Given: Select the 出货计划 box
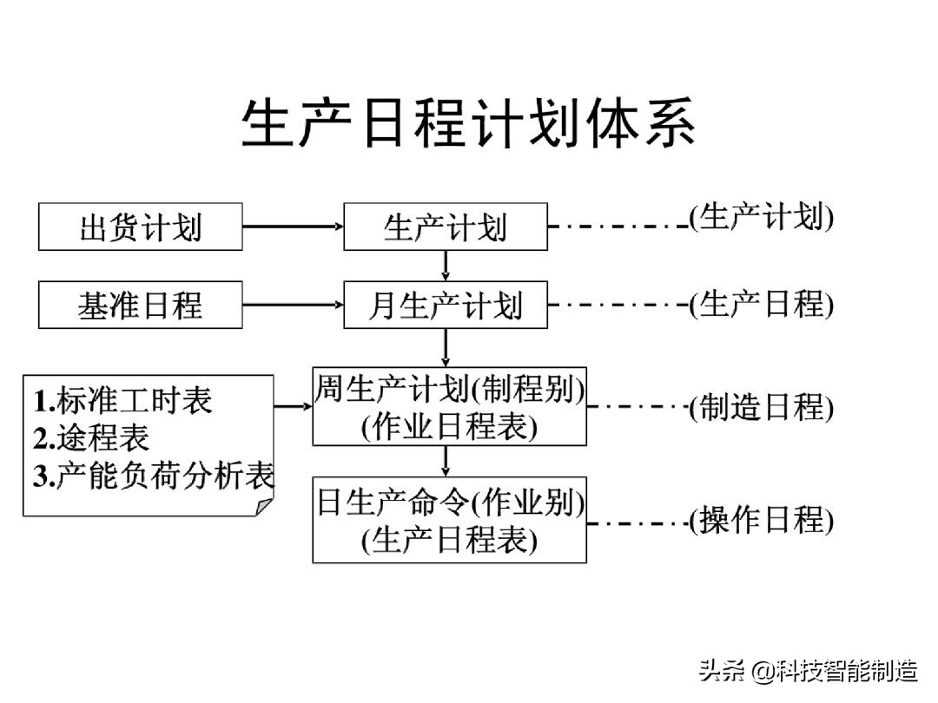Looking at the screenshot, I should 141,227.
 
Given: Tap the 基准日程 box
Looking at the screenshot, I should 141,305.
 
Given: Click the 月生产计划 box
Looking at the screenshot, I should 446,305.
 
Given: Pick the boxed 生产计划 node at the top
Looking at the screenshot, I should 446,227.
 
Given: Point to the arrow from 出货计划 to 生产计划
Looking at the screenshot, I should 293,227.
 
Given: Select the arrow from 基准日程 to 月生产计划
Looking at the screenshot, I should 293,305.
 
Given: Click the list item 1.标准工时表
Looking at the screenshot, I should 123,400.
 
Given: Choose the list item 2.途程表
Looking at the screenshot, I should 91,438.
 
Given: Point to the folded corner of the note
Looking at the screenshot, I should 264,505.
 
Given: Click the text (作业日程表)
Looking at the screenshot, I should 449,426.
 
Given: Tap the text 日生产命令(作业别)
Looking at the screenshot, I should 449,503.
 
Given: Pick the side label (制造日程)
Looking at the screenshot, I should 762,407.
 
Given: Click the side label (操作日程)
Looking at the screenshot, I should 762,521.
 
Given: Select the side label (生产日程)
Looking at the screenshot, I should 762,305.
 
